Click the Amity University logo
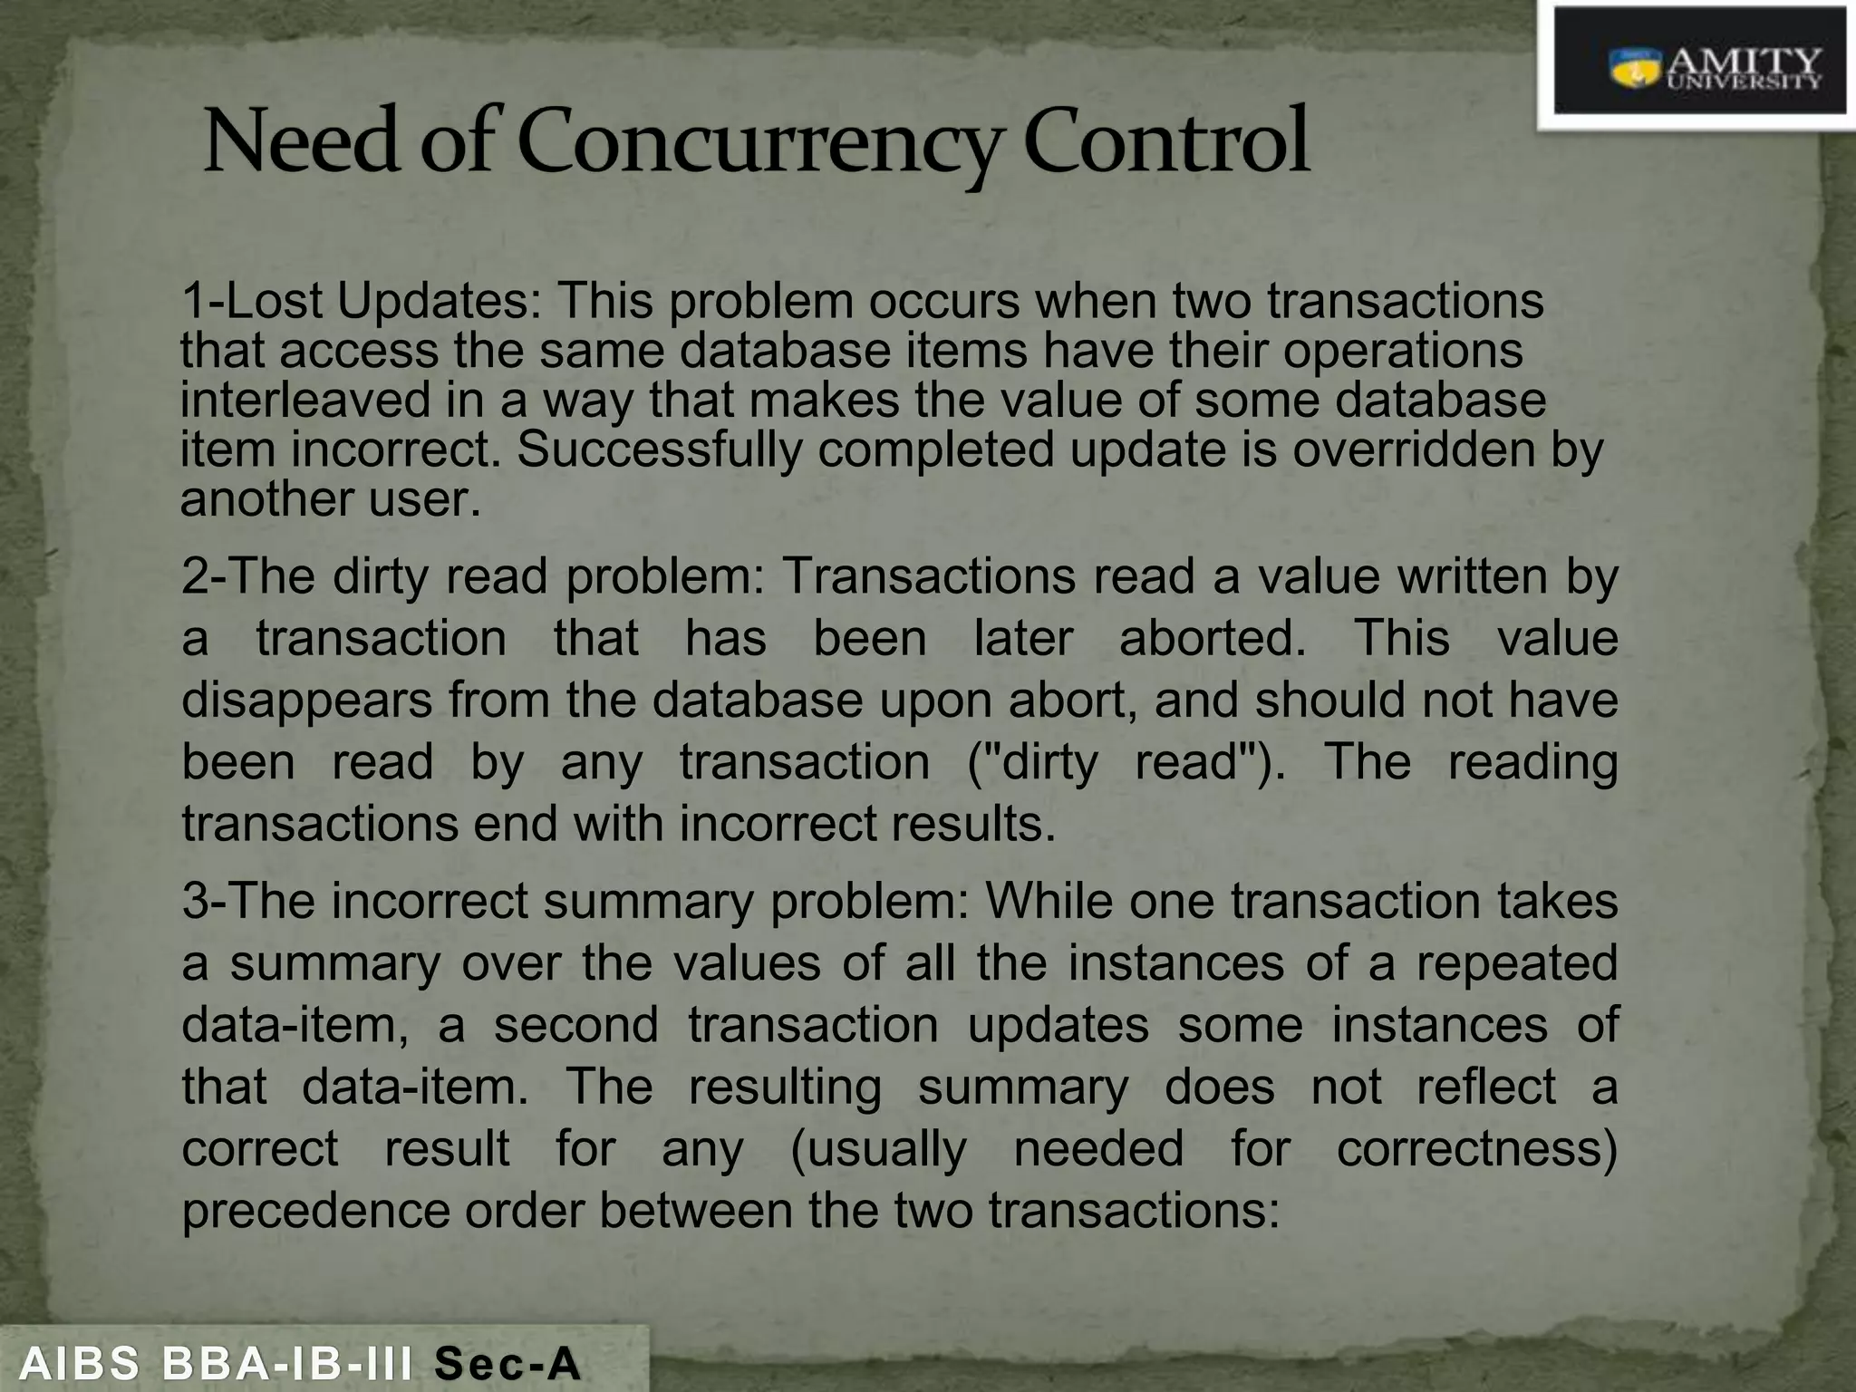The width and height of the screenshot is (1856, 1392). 1699,69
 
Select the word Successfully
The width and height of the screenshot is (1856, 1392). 660,450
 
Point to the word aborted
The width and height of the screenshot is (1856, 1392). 1213,638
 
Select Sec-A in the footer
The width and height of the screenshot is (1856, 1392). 507,1364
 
